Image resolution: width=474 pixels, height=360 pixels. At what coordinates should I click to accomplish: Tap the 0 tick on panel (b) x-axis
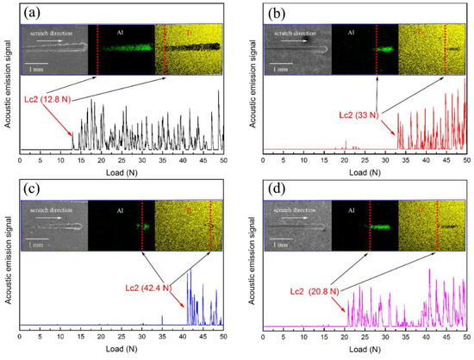pos(264,161)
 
